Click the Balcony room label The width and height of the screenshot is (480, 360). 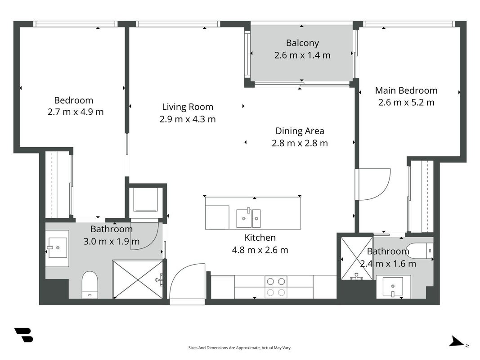[x=302, y=43]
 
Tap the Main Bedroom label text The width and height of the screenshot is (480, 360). [x=406, y=90]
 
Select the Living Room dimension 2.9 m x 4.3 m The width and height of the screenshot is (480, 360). [x=187, y=119]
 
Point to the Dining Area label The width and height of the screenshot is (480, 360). [x=300, y=131]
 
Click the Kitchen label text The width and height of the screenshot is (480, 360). [x=260, y=238]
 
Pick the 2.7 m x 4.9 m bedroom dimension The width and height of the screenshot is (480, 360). [x=75, y=112]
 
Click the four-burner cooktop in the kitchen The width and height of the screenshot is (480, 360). [x=276, y=287]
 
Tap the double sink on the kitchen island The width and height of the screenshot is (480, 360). [x=248, y=218]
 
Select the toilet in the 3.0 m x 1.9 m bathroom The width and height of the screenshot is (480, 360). [x=90, y=285]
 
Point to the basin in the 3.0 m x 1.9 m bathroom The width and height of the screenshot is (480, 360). [x=57, y=248]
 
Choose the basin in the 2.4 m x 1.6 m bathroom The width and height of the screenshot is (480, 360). [x=393, y=287]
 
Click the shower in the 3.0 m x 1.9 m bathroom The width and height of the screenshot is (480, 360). [x=138, y=279]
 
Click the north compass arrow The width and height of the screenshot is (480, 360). [x=457, y=342]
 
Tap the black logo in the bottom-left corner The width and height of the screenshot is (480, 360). [x=23, y=335]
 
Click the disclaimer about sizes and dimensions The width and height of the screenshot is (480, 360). [x=240, y=348]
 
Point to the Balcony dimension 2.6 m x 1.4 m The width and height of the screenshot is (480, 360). [x=302, y=55]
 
